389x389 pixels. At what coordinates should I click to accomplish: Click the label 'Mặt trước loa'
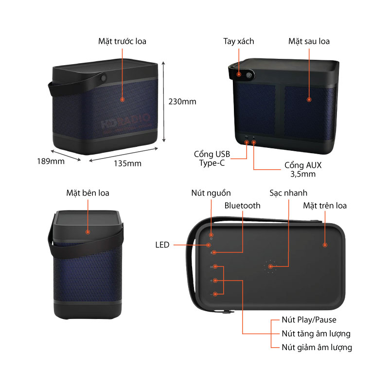tap(122, 41)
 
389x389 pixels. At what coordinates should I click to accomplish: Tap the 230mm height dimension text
tap(182, 102)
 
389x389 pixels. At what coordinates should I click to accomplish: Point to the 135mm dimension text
tap(127, 163)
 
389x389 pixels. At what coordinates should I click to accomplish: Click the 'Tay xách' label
tap(239, 41)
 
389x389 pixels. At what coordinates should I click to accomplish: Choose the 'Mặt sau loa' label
tap(309, 41)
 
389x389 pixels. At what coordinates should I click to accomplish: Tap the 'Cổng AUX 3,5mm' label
tap(303, 170)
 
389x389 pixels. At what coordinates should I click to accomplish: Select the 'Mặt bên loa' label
tap(88, 193)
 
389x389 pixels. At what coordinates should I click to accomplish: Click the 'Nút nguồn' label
tap(211, 193)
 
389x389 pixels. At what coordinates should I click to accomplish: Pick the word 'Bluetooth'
tap(242, 206)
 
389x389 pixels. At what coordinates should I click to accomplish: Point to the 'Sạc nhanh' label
tap(288, 193)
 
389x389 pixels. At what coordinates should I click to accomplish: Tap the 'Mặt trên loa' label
tap(325, 206)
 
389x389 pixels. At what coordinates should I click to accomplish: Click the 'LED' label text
tap(162, 245)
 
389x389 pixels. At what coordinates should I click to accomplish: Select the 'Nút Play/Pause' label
tap(309, 320)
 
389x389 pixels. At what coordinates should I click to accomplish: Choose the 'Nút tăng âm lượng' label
tap(316, 334)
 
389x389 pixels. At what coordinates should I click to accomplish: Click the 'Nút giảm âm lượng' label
tap(317, 347)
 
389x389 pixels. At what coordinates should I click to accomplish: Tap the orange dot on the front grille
tap(122, 99)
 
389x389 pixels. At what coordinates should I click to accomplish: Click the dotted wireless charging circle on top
tap(270, 266)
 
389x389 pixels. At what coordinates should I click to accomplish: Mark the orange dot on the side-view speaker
tap(88, 232)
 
